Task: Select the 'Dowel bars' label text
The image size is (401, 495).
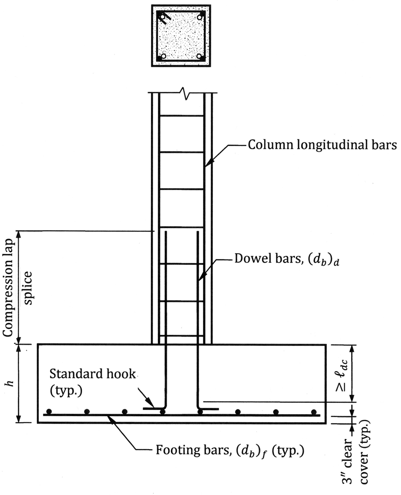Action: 289,259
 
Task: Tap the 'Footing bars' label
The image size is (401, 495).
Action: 230,450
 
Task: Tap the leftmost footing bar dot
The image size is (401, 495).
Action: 49,411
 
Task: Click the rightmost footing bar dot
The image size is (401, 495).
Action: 314,411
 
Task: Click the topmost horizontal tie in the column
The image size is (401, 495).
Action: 182,116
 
